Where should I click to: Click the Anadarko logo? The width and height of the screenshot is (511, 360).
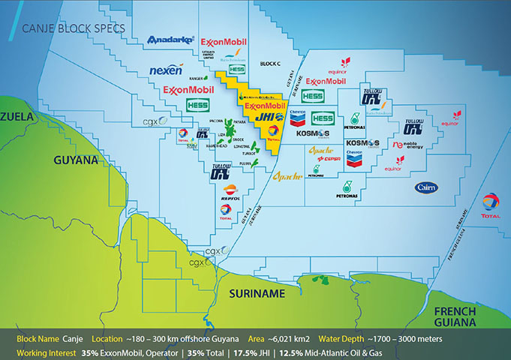click(171, 39)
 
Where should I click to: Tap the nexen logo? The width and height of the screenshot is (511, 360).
click(167, 70)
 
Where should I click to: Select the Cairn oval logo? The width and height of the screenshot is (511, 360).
click(427, 187)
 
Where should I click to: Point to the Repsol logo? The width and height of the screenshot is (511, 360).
click(232, 192)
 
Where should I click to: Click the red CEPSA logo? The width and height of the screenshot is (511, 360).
click(329, 159)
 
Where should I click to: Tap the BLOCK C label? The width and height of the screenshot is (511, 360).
click(270, 64)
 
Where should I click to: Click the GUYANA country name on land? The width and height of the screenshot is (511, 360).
click(76, 160)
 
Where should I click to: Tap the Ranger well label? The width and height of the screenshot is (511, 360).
click(198, 78)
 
